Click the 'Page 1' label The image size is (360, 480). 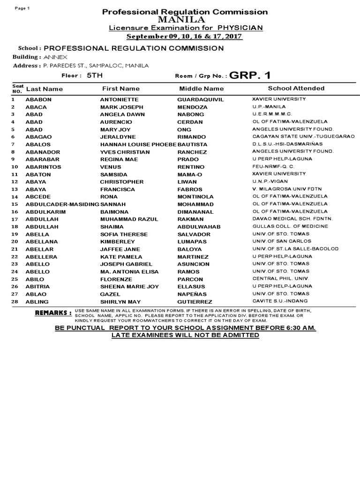[22, 9]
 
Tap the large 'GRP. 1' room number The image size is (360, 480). [250, 75]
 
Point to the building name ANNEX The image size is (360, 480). [55, 57]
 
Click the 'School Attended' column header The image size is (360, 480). [296, 88]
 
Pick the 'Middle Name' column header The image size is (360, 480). [202, 89]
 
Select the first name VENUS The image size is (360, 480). [111, 167]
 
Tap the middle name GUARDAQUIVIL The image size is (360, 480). [201, 99]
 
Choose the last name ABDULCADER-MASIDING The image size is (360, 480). [62, 204]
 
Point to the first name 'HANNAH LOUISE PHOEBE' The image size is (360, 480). [138, 144]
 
